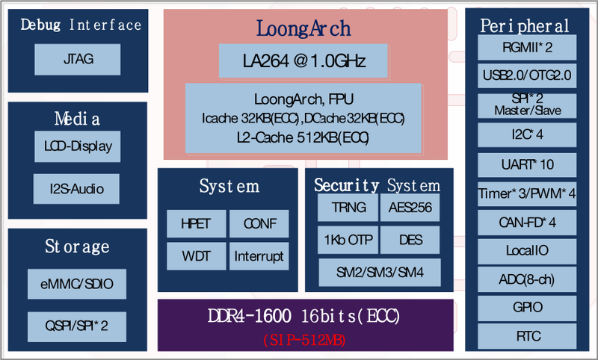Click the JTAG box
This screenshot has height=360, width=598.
tap(78, 59)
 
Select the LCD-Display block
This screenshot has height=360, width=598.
tap(78, 146)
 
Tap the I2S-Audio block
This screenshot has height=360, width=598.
tap(78, 188)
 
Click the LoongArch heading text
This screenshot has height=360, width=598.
tap(303, 28)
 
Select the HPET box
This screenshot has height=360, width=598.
tap(195, 223)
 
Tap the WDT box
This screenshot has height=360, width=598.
tap(195, 256)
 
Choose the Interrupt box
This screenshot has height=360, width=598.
tap(259, 256)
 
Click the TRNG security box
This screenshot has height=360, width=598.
tap(348, 208)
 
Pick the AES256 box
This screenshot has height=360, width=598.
tap(411, 208)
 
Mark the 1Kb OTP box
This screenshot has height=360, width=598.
tap(348, 240)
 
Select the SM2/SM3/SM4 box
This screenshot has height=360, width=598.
tap(380, 272)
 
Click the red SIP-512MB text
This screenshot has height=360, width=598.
tap(305, 340)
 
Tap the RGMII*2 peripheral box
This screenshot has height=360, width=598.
tap(528, 49)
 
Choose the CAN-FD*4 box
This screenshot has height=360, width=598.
tap(528, 222)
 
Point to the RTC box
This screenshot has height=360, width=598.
tap(528, 335)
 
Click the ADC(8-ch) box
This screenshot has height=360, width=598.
tap(528, 279)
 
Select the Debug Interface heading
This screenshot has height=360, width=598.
tap(81, 25)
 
